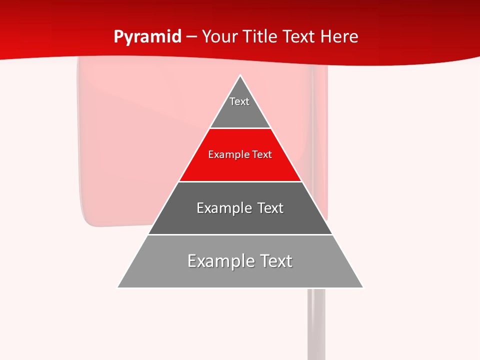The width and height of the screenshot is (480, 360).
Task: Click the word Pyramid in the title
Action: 147,37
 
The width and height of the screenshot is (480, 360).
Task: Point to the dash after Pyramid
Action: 191,37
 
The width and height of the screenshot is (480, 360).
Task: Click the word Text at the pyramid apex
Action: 239,101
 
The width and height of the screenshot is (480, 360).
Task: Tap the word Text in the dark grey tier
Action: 270,208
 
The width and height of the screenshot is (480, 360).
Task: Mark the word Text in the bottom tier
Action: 276,261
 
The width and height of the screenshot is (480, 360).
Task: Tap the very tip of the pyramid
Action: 240,76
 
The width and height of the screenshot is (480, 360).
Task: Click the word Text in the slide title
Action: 299,36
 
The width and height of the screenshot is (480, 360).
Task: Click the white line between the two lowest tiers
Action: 240,234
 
